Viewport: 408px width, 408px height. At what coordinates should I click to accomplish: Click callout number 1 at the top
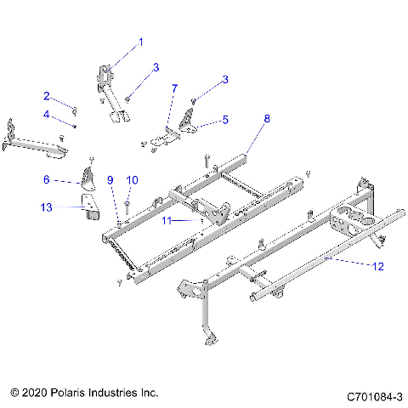pos(141,41)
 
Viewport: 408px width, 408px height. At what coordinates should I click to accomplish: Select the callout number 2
pos(48,96)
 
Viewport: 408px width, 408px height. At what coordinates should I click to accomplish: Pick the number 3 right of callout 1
pos(156,67)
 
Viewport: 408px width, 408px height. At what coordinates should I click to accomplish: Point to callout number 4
pos(48,115)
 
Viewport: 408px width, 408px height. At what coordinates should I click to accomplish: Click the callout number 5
pos(224,121)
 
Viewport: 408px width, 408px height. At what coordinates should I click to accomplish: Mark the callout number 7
pos(174,88)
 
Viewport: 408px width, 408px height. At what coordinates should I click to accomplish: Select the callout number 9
pos(110,179)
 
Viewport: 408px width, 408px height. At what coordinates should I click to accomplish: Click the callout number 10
pos(131,179)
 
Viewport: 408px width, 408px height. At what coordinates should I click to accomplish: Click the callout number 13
pos(47,206)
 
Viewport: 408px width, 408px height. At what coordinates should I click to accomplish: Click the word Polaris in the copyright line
pos(65,394)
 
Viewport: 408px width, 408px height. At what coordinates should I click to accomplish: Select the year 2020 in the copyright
pos(31,394)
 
